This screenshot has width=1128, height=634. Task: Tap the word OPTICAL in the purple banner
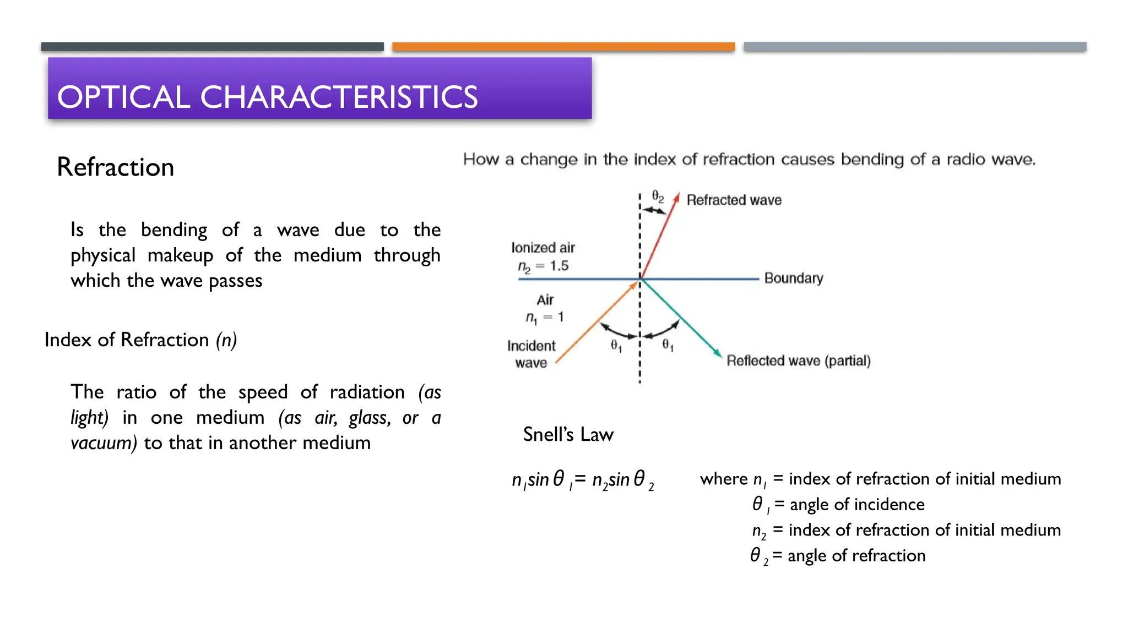click(x=123, y=97)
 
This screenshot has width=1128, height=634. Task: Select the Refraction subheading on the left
click(x=115, y=167)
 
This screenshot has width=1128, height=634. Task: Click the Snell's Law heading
click(x=568, y=435)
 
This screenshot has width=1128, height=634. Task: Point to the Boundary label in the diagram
click(x=793, y=278)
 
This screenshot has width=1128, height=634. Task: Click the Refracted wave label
click(x=734, y=200)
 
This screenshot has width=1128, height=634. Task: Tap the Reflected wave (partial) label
click(x=798, y=361)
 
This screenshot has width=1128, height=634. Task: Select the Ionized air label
click(x=543, y=248)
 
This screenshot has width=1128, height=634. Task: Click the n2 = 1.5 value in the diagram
click(x=543, y=266)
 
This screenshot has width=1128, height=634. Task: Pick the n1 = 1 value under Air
click(x=544, y=318)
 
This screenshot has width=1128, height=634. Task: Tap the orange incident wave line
click(x=598, y=321)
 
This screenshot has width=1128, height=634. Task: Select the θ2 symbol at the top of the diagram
click(x=658, y=196)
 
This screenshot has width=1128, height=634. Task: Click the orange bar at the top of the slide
click(x=563, y=47)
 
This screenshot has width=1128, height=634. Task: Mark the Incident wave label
click(x=531, y=354)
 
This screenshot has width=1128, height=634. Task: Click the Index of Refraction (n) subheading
click(x=140, y=340)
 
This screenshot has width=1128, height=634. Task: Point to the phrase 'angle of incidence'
click(x=856, y=505)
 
